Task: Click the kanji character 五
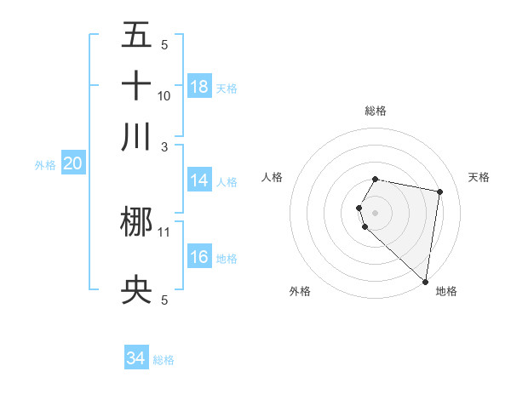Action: pyautogui.click(x=136, y=35)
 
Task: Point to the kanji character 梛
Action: pyautogui.click(x=136, y=223)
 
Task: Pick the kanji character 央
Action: pyautogui.click(x=136, y=292)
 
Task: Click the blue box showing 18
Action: pyautogui.click(x=199, y=86)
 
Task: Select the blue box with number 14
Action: pyautogui.click(x=199, y=180)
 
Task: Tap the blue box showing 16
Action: pyautogui.click(x=199, y=258)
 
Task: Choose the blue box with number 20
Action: pyautogui.click(x=73, y=164)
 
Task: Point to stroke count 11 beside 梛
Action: pyautogui.click(x=164, y=231)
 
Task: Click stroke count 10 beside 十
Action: pyautogui.click(x=164, y=94)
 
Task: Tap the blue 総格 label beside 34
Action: pyautogui.click(x=164, y=360)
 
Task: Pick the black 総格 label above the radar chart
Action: pyautogui.click(x=376, y=111)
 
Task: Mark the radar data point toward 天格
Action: pyautogui.click(x=439, y=192)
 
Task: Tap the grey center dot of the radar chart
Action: pyautogui.click(x=376, y=212)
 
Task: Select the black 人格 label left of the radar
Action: pyautogui.click(x=273, y=177)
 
